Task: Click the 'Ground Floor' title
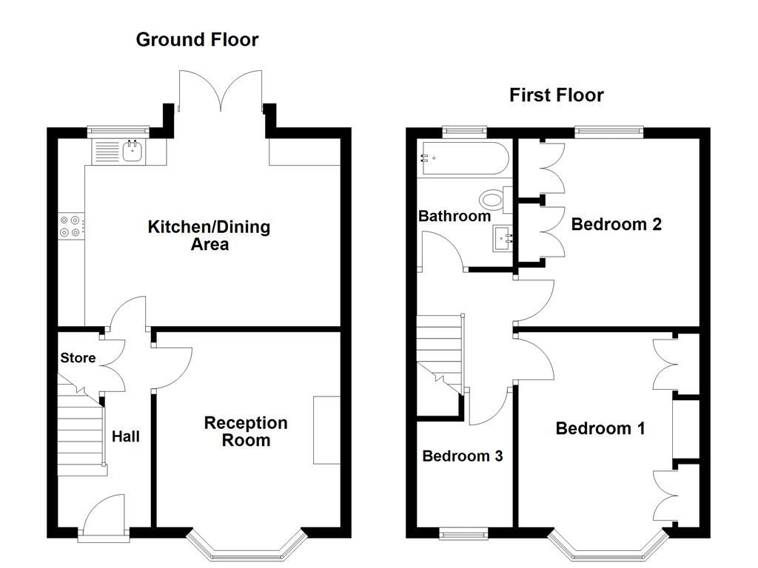pyautogui.click(x=197, y=40)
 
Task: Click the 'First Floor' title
pyautogui.click(x=556, y=95)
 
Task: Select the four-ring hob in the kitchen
pyautogui.click(x=72, y=226)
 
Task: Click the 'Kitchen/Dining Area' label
pyautogui.click(x=209, y=235)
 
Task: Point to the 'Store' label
pyautogui.click(x=78, y=358)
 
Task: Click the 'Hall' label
pyautogui.click(x=125, y=437)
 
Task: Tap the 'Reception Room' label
pyautogui.click(x=246, y=432)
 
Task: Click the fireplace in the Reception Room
pyautogui.click(x=326, y=430)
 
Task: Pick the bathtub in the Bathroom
pyautogui.click(x=463, y=159)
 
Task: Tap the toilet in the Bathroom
pyautogui.click(x=493, y=200)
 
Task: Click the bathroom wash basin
pyautogui.click(x=504, y=239)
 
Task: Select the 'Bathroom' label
pyautogui.click(x=455, y=217)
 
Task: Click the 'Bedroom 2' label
pyautogui.click(x=616, y=224)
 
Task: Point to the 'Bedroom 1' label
pyautogui.click(x=600, y=428)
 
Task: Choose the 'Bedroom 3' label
pyautogui.click(x=463, y=456)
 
